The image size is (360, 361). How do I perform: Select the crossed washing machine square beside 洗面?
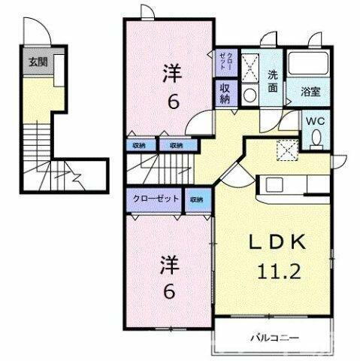pyautogui.click(x=251, y=64)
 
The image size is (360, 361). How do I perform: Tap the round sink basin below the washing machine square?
pyautogui.click(x=250, y=94)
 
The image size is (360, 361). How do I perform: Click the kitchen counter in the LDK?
pyautogui.click(x=289, y=184)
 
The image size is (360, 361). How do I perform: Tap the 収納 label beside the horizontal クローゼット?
pyautogui.click(x=197, y=199)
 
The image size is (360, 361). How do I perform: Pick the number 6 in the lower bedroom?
pyautogui.click(x=172, y=293)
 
